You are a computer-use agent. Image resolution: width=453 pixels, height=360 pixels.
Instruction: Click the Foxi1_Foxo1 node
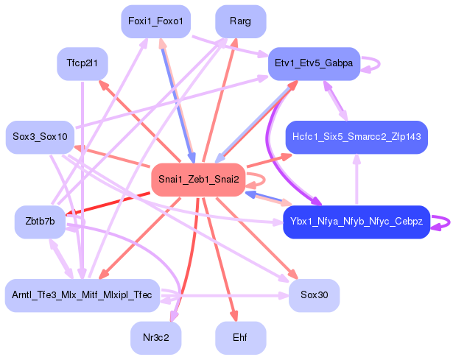click(156, 21)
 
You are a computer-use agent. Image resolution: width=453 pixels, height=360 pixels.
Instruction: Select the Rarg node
click(240, 21)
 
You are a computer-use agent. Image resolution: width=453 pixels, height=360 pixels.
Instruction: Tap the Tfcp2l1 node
click(82, 64)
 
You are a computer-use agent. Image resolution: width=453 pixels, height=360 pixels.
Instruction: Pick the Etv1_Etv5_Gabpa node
click(314, 63)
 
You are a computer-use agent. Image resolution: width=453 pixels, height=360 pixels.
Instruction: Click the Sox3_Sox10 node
click(40, 137)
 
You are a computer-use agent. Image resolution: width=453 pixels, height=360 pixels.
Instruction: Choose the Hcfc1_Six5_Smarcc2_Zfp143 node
click(356, 137)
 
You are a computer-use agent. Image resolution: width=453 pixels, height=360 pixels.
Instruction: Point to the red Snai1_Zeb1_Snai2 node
click(198, 179)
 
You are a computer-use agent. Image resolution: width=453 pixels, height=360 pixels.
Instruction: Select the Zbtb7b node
click(40, 222)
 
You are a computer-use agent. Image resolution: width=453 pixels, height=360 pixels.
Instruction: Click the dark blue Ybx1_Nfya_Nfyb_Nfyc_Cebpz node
click(356, 222)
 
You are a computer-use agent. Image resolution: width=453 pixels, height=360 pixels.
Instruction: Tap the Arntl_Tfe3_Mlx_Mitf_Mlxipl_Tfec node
click(82, 294)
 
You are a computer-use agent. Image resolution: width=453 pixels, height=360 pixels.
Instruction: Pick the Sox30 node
click(314, 294)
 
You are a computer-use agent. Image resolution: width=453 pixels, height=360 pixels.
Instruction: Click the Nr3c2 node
click(156, 338)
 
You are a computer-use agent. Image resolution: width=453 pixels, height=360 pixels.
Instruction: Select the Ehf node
click(240, 338)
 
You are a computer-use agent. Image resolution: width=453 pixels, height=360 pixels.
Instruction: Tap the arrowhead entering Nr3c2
click(172, 317)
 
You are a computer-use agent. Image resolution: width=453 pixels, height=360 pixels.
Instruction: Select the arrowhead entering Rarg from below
click(234, 43)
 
